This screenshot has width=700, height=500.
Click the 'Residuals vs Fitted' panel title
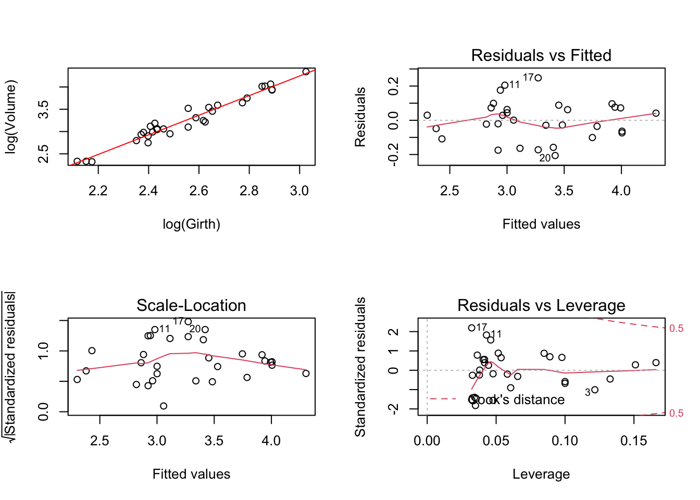tap(541, 55)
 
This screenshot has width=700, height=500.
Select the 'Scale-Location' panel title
tap(191, 305)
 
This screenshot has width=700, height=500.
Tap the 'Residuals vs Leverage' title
tap(541, 305)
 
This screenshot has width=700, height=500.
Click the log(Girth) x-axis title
tap(191, 224)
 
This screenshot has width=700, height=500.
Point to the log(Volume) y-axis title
tap(11, 117)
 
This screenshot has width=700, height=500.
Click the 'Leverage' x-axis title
tap(541, 474)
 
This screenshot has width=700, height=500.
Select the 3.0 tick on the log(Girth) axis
tap(299, 191)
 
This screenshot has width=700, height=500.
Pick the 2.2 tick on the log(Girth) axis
tap(98, 191)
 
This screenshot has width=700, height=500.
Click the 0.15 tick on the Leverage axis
tap(634, 441)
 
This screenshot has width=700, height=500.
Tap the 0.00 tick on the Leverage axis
tap(427, 441)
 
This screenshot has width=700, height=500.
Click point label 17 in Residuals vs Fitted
tap(528, 78)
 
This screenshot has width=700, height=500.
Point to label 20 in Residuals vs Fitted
tap(545, 158)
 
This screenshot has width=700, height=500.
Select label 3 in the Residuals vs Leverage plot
tap(587, 393)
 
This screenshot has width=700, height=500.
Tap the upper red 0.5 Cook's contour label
tap(676, 328)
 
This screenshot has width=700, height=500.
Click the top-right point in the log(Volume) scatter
tap(306, 72)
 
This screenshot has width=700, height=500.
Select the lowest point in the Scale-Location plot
tap(164, 406)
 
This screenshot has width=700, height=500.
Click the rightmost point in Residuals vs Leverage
tap(656, 362)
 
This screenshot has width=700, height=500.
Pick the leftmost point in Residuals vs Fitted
tap(427, 115)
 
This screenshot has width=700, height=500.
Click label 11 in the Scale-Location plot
tap(165, 329)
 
